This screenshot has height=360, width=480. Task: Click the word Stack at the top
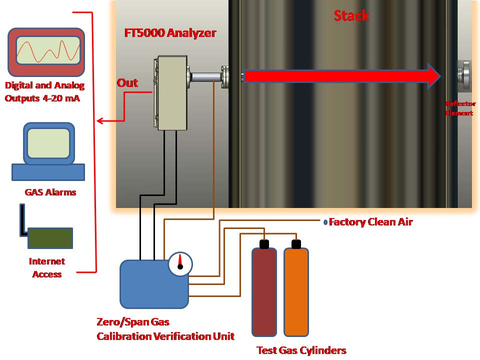tap(351, 15)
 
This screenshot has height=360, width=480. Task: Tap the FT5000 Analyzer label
tap(170, 33)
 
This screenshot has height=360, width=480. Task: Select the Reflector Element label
tap(460, 108)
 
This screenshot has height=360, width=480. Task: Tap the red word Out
tap(127, 83)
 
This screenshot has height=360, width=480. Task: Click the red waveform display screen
tap(45, 51)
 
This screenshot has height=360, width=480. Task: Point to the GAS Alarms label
tap(50, 191)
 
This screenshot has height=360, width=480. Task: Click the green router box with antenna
tap(50, 238)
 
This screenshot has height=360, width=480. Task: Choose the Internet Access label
tap(47, 267)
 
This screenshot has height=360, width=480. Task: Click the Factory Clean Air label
tap(370, 222)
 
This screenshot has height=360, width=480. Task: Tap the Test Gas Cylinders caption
tap(301, 350)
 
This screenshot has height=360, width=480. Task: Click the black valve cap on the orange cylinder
tap(296, 244)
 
